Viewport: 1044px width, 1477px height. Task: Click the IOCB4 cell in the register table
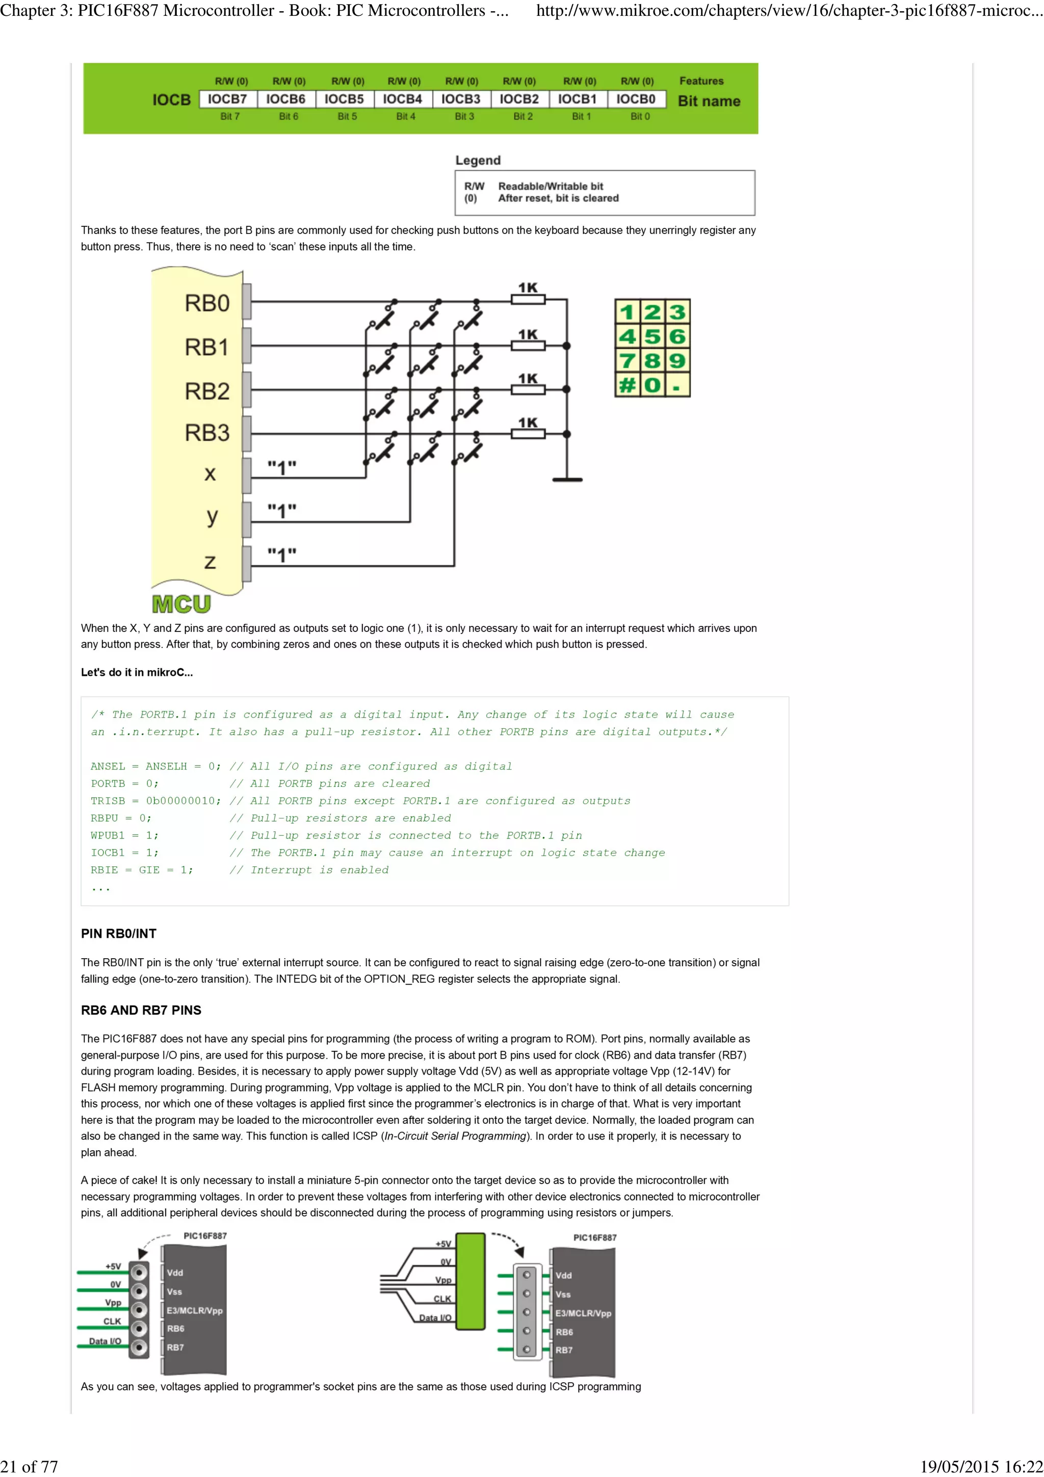(x=402, y=99)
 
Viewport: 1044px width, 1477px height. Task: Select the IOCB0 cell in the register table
(x=636, y=99)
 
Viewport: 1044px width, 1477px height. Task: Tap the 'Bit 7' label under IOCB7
(x=229, y=116)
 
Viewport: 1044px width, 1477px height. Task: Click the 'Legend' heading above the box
(x=477, y=160)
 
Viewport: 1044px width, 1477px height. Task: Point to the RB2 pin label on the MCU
(x=206, y=391)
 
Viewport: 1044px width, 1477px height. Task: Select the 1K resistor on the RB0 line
(x=528, y=299)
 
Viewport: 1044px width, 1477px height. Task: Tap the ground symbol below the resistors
(x=567, y=479)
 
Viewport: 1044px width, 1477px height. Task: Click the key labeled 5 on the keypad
(x=652, y=336)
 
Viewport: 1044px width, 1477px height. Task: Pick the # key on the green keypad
(x=627, y=385)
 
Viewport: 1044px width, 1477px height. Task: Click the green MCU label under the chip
(x=181, y=604)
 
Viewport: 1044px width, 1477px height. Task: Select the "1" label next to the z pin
(x=282, y=555)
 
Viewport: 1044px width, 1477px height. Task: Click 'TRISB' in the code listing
(x=108, y=801)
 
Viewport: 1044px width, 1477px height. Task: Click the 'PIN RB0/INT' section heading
(x=118, y=933)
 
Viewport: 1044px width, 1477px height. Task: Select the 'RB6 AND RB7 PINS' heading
(x=141, y=1010)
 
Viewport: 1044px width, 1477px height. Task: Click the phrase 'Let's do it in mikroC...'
(x=137, y=672)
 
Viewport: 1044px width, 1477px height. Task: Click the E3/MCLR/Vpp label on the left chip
(x=194, y=1310)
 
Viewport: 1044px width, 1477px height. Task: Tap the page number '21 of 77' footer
(x=30, y=1466)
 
